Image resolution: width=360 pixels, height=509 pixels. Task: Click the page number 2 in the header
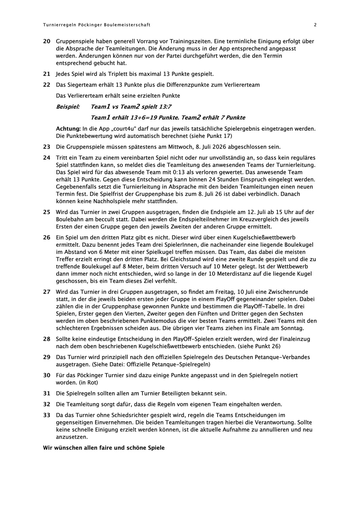(x=315, y=25)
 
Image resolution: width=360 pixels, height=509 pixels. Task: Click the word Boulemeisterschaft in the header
(x=127, y=25)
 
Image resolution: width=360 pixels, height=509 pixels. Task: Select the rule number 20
(x=47, y=41)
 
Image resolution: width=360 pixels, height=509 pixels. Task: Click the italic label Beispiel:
(x=68, y=107)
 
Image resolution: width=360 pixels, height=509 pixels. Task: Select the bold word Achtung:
(x=69, y=129)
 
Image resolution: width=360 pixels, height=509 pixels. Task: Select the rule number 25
(x=47, y=212)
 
